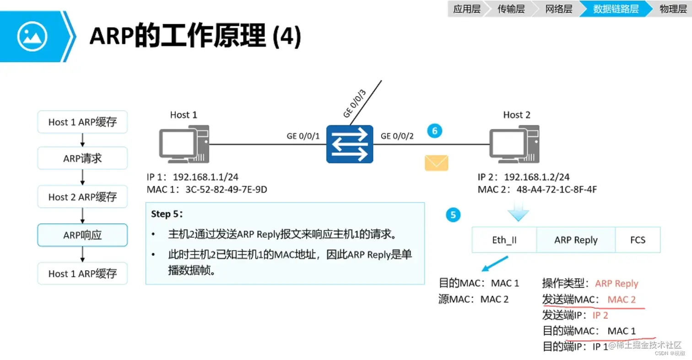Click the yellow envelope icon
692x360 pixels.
436,163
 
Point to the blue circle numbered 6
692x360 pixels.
435,131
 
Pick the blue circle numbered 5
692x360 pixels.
453,215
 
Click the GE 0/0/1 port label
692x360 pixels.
303,136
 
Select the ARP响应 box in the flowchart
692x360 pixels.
82,235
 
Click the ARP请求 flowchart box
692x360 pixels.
82,159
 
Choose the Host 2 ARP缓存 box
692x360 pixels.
82,197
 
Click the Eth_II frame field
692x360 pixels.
504,240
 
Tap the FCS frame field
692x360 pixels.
638,240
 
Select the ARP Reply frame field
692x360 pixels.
576,240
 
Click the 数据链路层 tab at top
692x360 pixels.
616,9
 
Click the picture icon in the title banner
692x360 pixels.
32,36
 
